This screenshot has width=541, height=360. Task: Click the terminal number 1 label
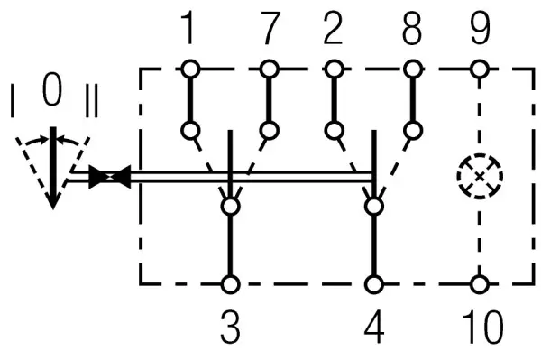[188, 27]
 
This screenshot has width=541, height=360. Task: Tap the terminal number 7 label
[270, 28]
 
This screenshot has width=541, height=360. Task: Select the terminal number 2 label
[333, 28]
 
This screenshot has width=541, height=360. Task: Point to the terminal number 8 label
[412, 28]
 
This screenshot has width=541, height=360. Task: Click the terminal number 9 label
[480, 28]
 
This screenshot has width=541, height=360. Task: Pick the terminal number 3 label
[230, 327]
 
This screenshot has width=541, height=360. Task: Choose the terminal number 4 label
[374, 327]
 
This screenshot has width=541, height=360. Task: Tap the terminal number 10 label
[482, 327]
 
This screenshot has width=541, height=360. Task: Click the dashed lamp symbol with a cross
[480, 176]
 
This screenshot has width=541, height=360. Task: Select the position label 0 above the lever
[52, 89]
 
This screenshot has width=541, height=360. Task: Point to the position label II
[92, 101]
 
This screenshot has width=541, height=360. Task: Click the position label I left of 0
[13, 101]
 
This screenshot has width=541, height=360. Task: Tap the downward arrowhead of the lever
[53, 201]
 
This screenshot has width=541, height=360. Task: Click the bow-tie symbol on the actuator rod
[110, 176]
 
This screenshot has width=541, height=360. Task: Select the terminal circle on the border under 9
[480, 69]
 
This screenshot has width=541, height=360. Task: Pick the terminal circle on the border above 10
[480, 285]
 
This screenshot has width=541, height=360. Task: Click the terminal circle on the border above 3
[230, 285]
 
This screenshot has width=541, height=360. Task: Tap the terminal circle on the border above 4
[374, 285]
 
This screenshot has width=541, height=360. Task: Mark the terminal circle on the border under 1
[190, 69]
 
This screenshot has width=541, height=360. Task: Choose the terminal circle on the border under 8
[413, 69]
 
